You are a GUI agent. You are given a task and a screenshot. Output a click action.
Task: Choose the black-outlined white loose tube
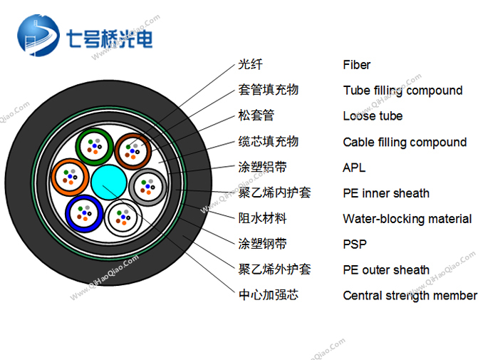[123, 217]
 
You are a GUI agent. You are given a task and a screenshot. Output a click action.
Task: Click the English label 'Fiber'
[356, 65]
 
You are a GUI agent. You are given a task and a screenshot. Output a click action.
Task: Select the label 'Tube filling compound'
[402, 91]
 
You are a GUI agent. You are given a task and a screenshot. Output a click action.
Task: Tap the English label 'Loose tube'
[373, 116]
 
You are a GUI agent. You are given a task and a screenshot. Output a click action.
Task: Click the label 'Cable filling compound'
[405, 142]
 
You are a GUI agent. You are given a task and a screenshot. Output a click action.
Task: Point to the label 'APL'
[354, 168]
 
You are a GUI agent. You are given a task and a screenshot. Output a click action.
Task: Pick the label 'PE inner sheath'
[386, 193]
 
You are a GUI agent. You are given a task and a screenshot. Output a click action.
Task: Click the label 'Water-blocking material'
[407, 219]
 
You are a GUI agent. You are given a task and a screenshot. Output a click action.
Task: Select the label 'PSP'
[355, 245]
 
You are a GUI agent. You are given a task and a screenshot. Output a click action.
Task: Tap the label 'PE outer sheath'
[386, 270]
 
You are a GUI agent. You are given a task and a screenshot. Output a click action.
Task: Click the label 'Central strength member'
[410, 295]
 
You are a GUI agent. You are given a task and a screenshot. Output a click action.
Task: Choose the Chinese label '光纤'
[251, 65]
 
